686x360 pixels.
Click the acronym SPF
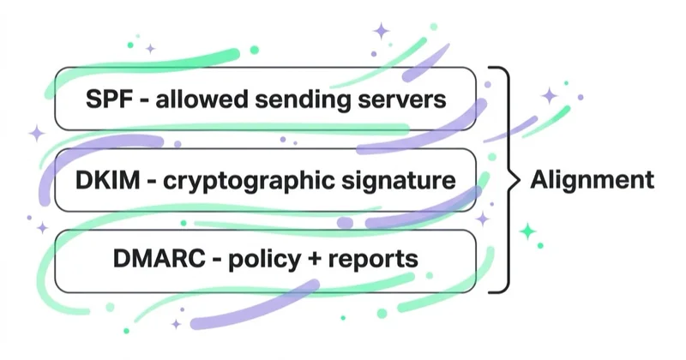pos(110,99)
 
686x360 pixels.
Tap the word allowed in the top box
pos(202,99)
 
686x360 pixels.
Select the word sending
pos(303,100)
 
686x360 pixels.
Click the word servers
pos(402,100)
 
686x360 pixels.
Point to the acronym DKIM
pos(108,180)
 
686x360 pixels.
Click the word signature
pos(399,181)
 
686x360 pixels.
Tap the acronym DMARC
pos(159,258)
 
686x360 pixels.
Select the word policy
pos(265,260)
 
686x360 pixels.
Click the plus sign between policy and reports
pos(315,259)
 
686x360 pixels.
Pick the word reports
pos(373,260)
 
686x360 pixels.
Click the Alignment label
pos(593,180)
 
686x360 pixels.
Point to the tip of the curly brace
pos(520,179)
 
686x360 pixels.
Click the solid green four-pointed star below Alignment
pos(528,231)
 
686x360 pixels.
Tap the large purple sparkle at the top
pos(382,31)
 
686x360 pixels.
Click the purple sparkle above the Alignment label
pos(550,96)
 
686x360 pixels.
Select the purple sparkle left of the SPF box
pos(37,134)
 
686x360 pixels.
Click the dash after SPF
pos(144,101)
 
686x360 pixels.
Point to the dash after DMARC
pos(217,261)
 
